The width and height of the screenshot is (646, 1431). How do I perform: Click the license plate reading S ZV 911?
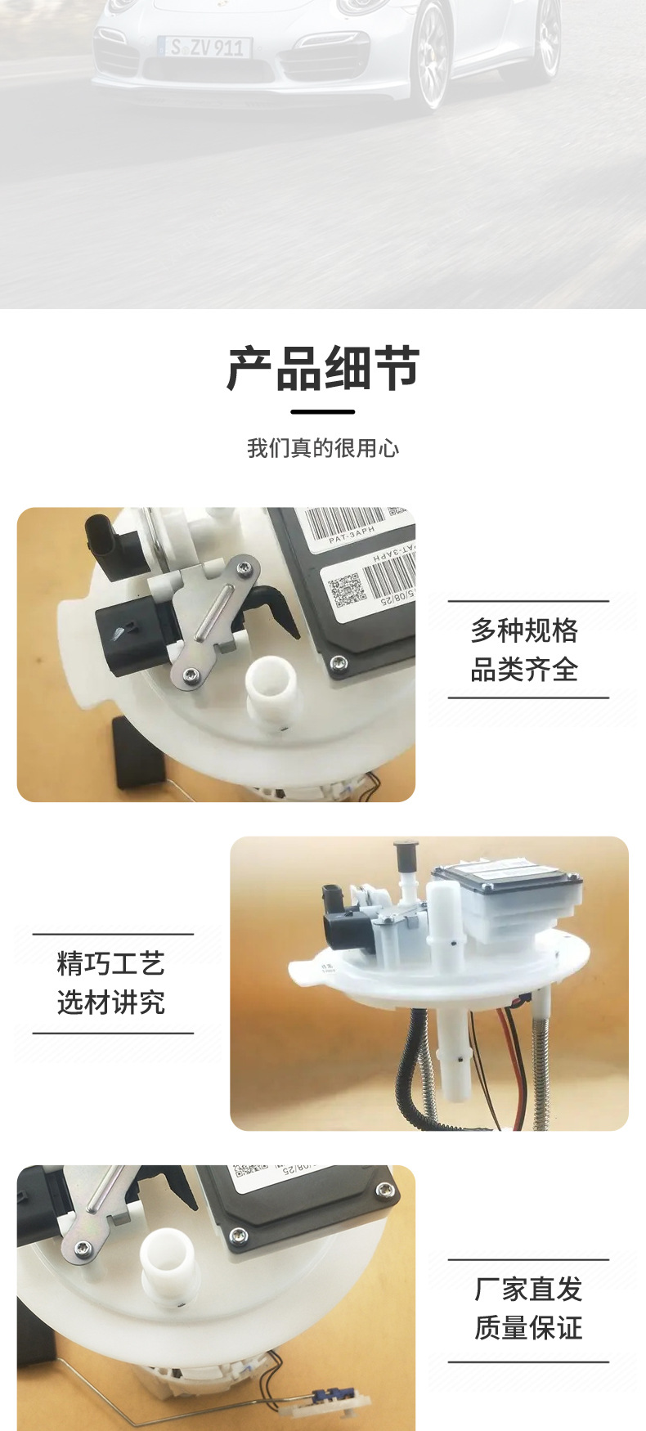(x=206, y=47)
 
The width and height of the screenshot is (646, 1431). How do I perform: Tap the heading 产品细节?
(x=323, y=369)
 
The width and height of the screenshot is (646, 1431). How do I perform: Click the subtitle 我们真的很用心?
(x=323, y=448)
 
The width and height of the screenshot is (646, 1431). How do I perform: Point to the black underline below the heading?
(x=323, y=411)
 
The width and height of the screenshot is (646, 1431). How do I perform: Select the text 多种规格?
(x=524, y=630)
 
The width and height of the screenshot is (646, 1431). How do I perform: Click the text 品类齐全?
(x=524, y=670)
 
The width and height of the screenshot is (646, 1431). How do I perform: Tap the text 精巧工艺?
(x=111, y=963)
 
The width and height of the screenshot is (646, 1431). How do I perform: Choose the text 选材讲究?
(x=111, y=1002)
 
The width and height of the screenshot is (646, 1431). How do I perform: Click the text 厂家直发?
(x=528, y=1289)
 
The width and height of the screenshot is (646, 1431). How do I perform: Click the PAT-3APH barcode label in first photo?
(x=348, y=524)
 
